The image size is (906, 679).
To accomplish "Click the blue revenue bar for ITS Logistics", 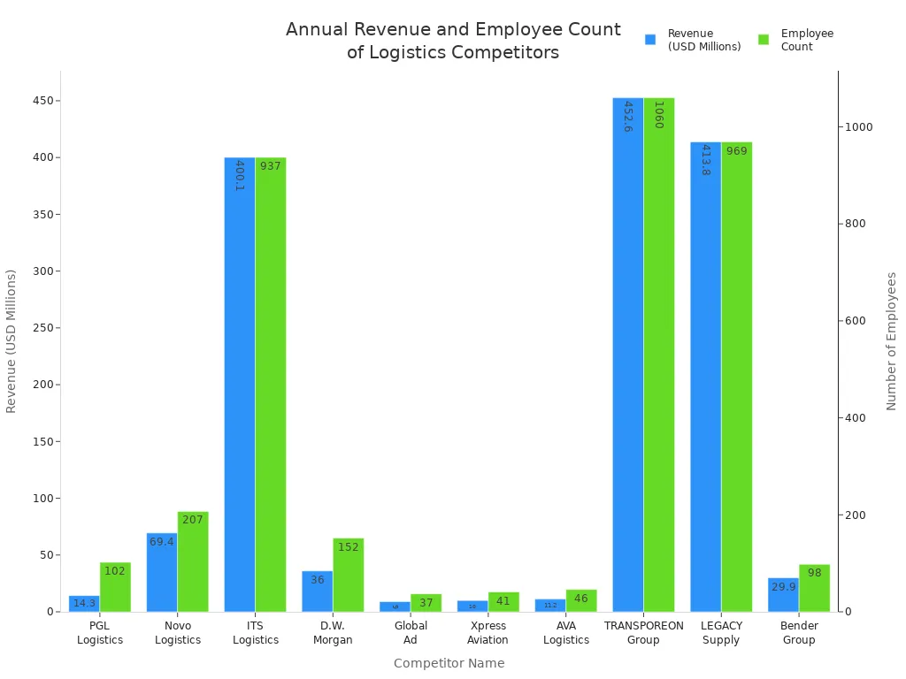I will coord(240,385).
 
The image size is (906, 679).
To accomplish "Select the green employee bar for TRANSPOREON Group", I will coord(659,354).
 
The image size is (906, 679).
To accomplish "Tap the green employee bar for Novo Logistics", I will coord(193,561).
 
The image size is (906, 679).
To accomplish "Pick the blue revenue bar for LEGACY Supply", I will coord(705,377).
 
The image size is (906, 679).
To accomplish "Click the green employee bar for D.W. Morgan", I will coord(349,575).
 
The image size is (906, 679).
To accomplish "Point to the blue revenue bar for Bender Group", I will coord(783,595).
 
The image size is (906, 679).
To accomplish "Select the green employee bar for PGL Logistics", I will coord(115,587).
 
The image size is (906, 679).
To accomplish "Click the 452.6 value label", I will coord(628,117).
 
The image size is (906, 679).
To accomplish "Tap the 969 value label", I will coord(737,151).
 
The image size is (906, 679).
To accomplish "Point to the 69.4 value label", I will coord(162,542).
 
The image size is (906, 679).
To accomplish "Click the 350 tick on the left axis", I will coord(41,214).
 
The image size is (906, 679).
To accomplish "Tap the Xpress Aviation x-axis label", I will coord(488,633).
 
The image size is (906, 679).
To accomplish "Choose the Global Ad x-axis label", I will coord(411,633).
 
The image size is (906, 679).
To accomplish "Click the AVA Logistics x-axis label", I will coord(566,633).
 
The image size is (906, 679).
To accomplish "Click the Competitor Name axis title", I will coord(449,663).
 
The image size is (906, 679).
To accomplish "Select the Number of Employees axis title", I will coord(892,340).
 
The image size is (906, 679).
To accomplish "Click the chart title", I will coord(453,41).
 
